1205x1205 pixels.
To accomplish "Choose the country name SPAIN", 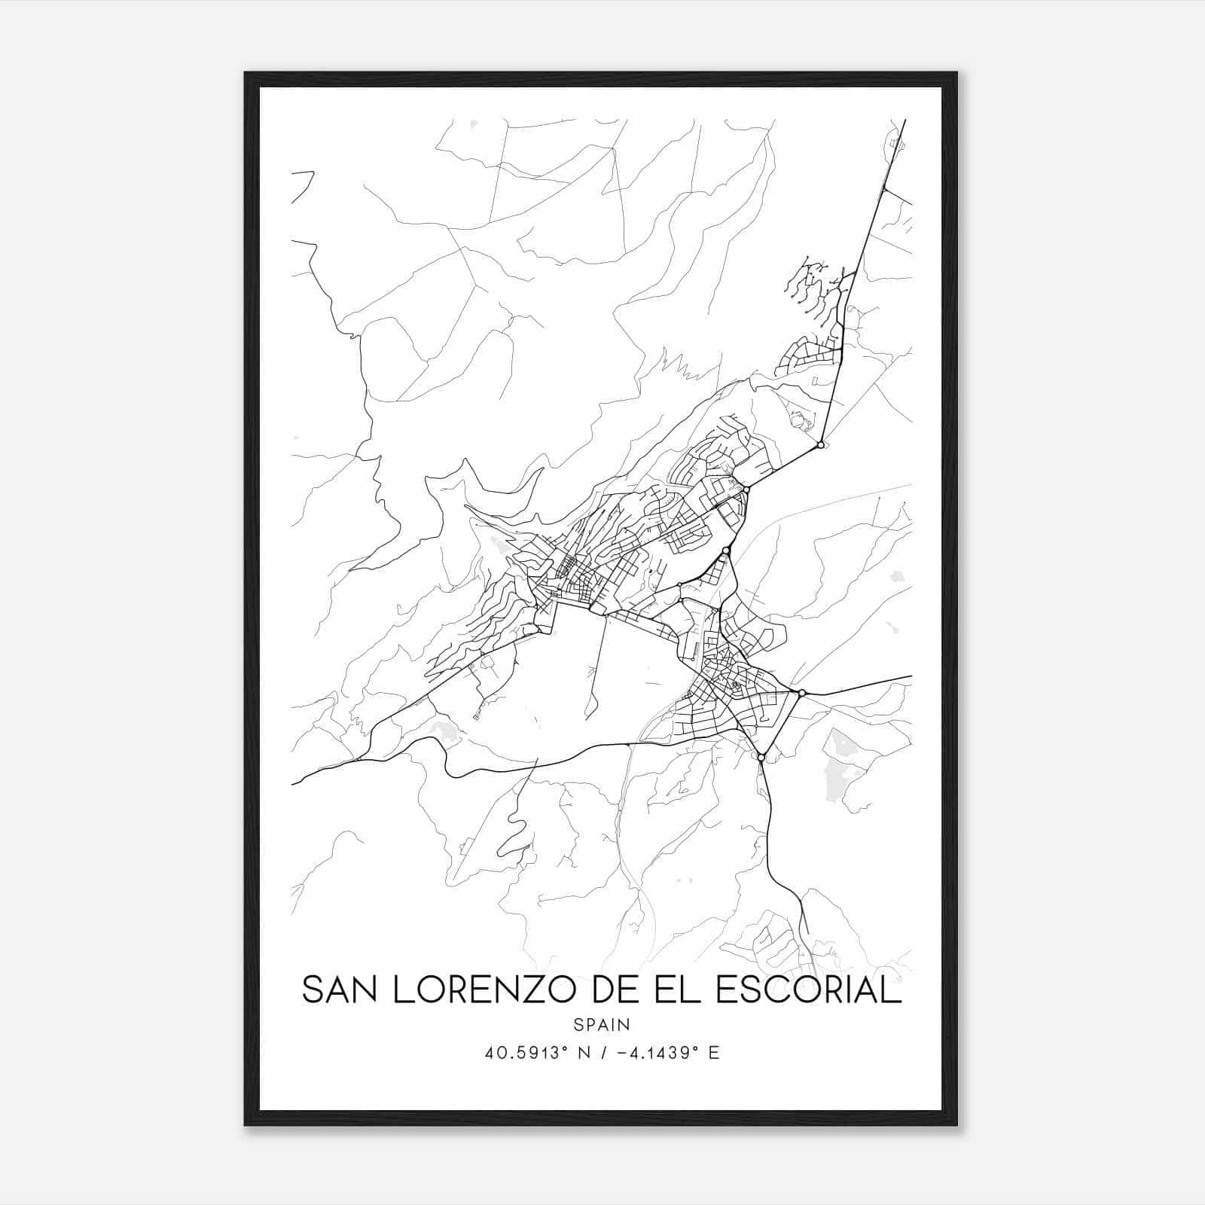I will (602, 1024).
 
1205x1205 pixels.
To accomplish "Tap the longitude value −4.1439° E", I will (667, 1053).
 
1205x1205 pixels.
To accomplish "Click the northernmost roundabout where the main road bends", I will (820, 445).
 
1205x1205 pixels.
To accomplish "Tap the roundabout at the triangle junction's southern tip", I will (761, 757).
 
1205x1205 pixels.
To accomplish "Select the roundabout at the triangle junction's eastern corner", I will (802, 692).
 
